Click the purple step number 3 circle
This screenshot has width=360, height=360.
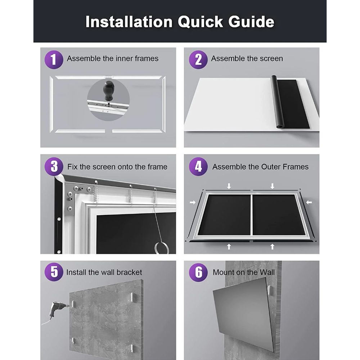(x=54, y=167)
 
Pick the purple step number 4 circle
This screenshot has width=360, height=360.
(x=198, y=167)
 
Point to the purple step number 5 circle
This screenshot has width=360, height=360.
(x=54, y=272)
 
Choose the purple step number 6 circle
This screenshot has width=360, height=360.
(x=198, y=272)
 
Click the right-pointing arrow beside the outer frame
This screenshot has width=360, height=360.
(x=192, y=203)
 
